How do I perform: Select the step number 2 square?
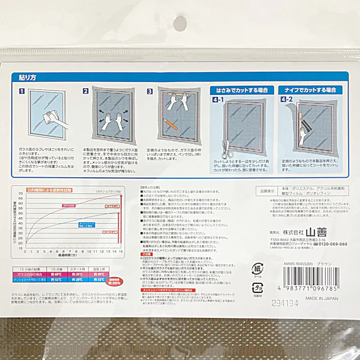coord(86,92)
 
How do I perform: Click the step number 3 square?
coord(149,92)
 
